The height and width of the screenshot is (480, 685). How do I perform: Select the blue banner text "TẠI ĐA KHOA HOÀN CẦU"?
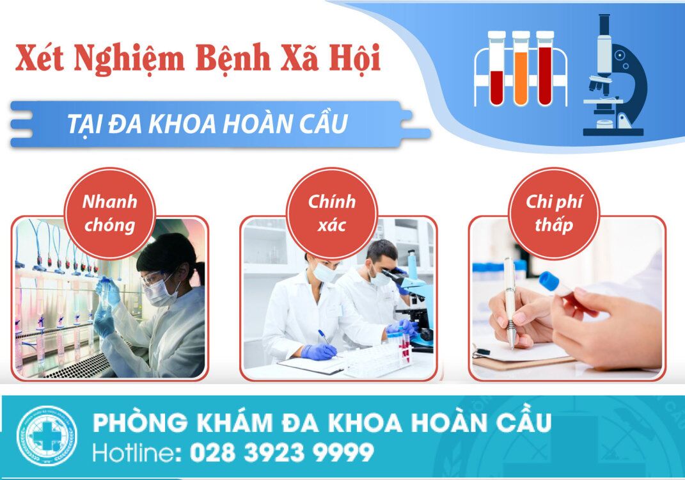coord(207,124)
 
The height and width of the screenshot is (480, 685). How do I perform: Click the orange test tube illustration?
coord(521,68)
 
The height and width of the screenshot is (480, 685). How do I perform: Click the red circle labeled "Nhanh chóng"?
coord(109,213)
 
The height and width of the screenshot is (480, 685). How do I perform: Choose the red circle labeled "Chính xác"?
coord(331,213)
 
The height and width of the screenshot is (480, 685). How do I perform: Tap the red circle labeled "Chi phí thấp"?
coord(554,213)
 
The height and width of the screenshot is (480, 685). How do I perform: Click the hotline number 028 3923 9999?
coord(282,452)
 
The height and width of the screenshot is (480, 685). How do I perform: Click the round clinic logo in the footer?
coord(47,436)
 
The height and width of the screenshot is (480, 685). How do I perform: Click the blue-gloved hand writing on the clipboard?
coord(319,351)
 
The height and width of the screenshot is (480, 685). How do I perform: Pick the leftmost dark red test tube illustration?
coord(497,68)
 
